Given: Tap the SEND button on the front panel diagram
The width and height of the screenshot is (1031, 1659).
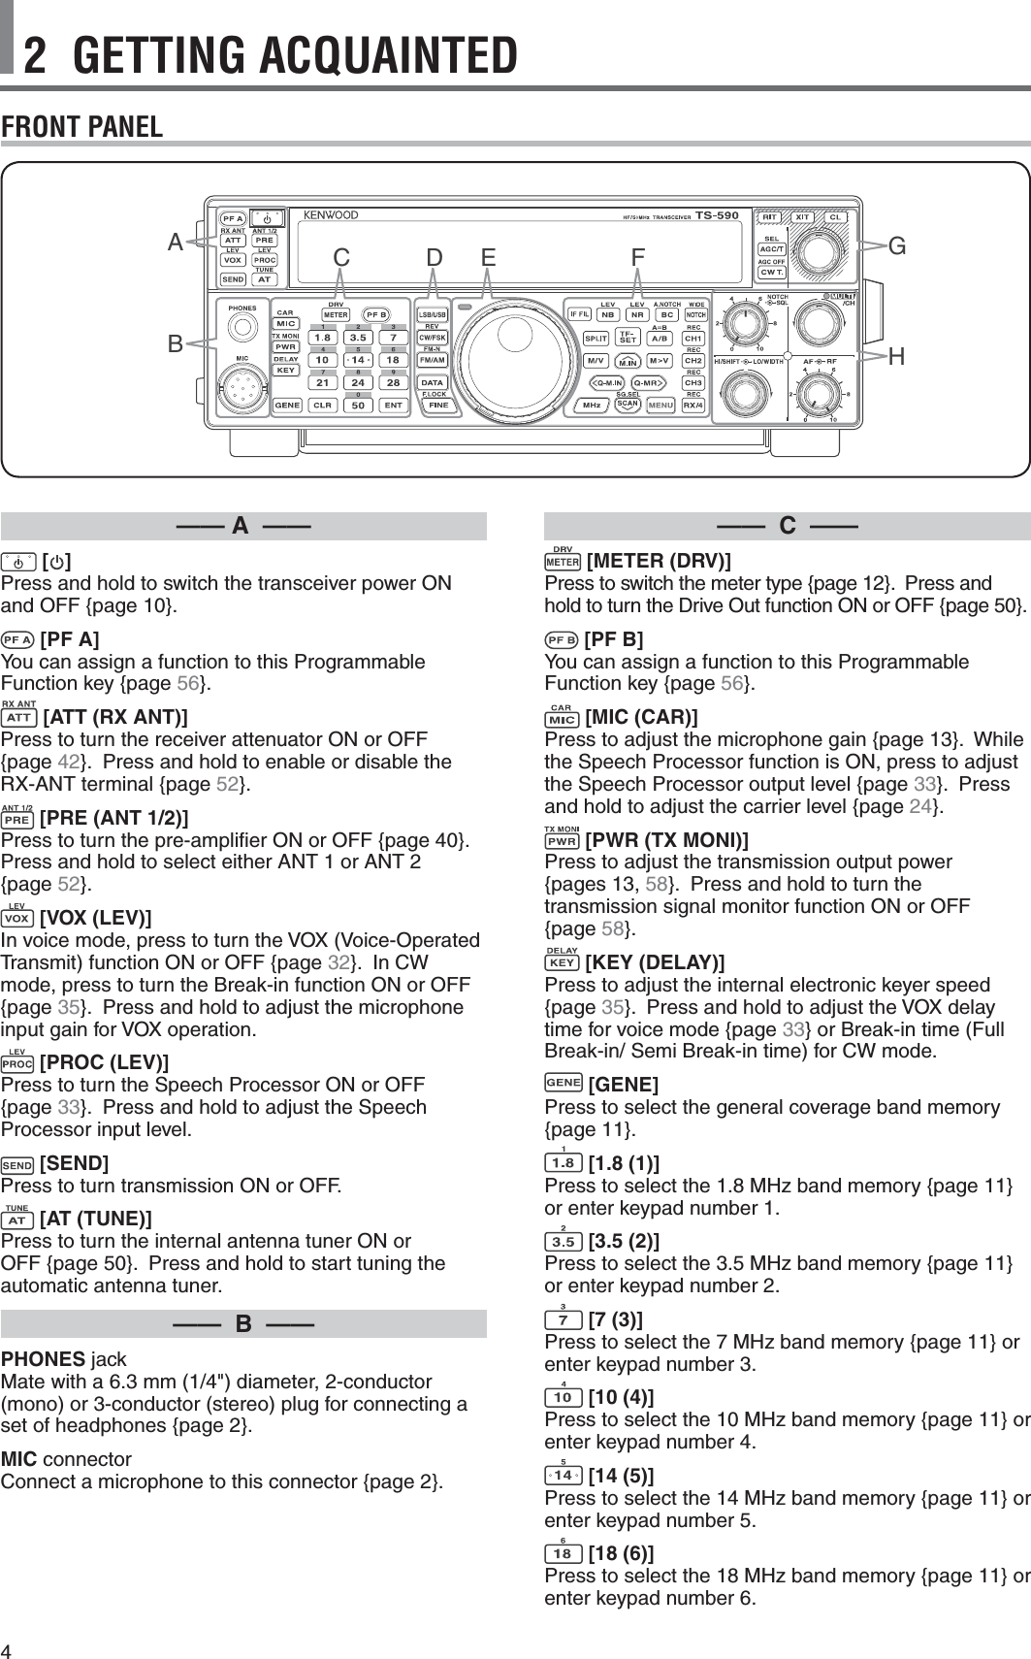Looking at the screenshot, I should (233, 279).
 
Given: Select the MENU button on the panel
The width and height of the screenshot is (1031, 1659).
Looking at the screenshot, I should (660, 405).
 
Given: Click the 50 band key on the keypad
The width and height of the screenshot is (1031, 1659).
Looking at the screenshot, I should (359, 406).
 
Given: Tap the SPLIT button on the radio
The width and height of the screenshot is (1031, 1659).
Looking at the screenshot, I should (596, 339).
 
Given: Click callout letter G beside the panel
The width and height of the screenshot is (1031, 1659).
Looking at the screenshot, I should (897, 245).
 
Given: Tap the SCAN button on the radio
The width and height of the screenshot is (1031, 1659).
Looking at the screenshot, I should (628, 404).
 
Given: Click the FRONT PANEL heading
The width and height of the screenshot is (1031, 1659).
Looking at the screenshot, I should (82, 127).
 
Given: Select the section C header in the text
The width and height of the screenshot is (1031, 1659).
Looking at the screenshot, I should (787, 527).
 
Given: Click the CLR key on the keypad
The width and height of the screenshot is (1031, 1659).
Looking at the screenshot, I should (323, 406).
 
